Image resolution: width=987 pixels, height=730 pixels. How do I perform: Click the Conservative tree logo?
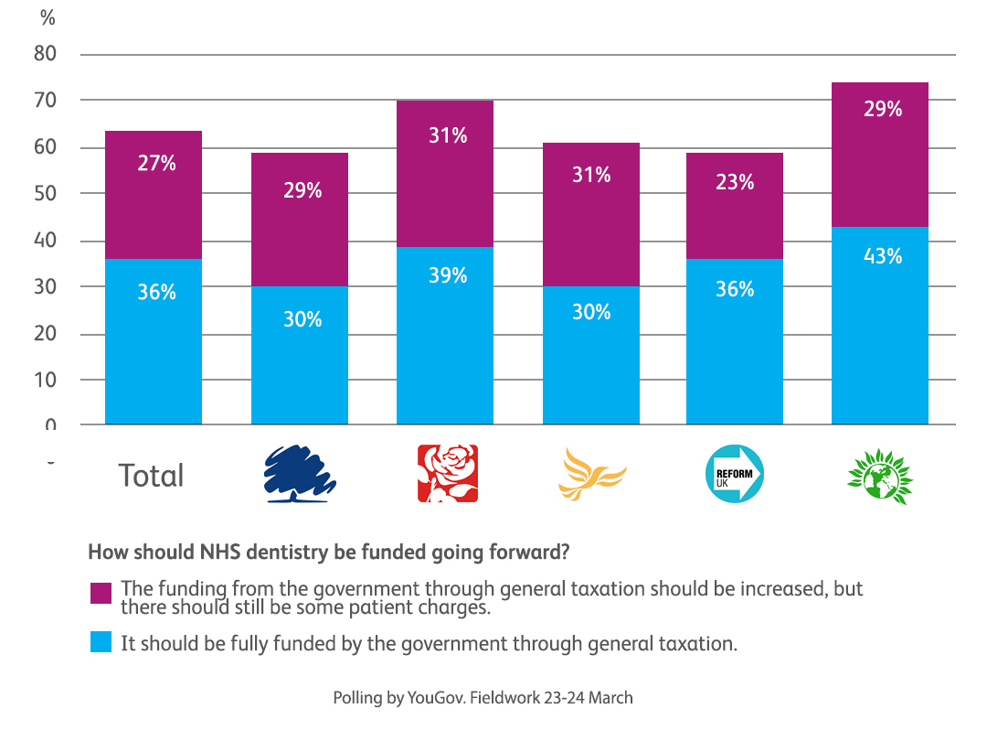click(300, 474)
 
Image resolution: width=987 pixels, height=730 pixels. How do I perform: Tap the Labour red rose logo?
click(447, 474)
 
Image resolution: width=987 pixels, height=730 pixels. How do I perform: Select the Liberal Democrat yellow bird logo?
click(591, 474)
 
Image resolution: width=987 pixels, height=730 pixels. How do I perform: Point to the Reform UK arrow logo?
click(735, 474)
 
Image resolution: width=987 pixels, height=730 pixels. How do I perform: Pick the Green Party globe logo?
click(880, 474)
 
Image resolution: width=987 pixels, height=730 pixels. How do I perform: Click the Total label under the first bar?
click(151, 476)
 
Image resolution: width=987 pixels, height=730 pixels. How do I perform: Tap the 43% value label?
click(883, 256)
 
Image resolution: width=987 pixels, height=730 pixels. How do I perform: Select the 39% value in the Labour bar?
click(448, 275)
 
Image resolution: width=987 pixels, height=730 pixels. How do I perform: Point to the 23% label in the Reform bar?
click(735, 182)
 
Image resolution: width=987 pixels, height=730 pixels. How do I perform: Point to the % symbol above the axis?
click(48, 18)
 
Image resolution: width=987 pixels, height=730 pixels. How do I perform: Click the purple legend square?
click(101, 593)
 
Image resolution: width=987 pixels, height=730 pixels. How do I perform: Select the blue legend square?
click(101, 643)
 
